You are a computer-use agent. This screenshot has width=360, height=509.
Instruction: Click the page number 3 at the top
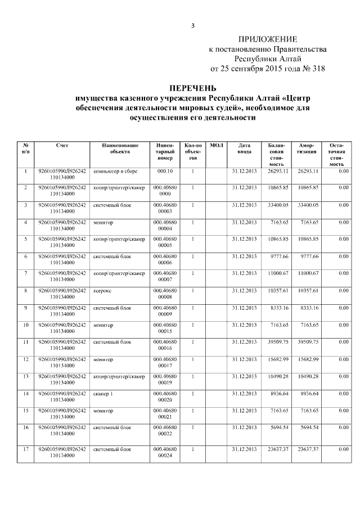[192, 25]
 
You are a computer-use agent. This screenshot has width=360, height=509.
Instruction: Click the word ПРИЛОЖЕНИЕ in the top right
[267, 39]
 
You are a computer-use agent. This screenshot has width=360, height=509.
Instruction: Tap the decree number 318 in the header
[317, 69]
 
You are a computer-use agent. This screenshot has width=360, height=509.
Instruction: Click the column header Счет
[62, 145]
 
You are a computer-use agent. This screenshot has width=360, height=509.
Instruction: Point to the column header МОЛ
[217, 145]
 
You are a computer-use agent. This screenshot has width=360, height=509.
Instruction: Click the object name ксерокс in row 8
[103, 290]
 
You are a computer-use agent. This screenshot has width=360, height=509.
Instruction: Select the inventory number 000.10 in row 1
[165, 170]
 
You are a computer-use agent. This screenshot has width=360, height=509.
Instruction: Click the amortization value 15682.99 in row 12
[308, 359]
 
